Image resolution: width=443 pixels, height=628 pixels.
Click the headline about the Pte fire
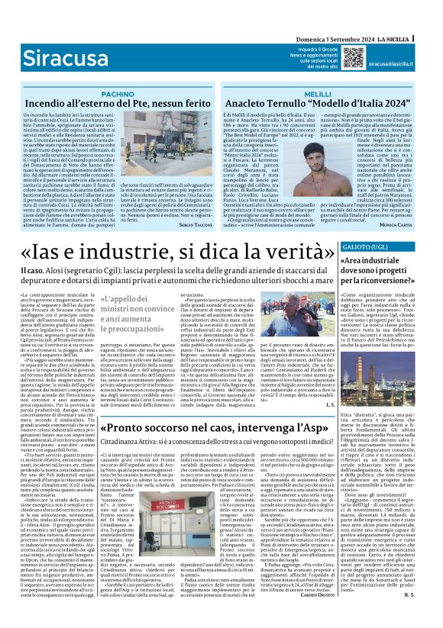(118, 103)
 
